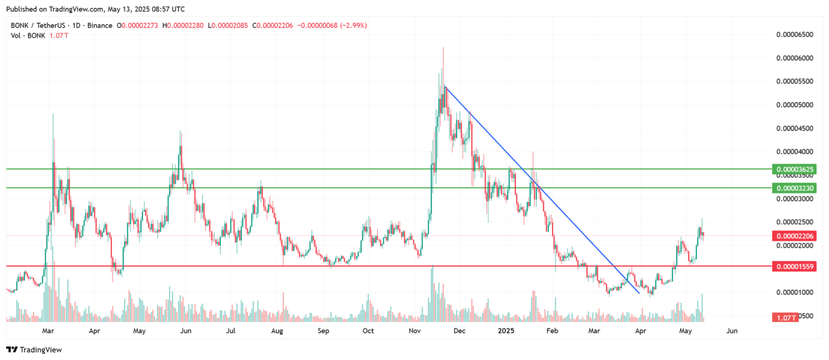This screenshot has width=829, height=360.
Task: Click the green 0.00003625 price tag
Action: point(793,169)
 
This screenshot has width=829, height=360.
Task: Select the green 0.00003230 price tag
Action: point(793,188)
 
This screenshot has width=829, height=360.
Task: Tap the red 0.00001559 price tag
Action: point(793,267)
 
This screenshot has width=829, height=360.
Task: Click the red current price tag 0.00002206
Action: point(793,236)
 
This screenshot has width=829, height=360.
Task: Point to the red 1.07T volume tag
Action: point(785,318)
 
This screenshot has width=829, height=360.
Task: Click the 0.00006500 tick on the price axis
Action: point(794,35)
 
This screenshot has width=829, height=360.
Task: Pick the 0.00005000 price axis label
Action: point(794,105)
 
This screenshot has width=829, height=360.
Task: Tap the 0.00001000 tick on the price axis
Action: point(794,293)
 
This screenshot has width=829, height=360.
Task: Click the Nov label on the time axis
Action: point(414,330)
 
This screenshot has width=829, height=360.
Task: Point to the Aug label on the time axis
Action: point(277,330)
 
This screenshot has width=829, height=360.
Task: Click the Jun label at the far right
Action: point(732,330)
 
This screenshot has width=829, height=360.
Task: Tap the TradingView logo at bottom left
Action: point(34,350)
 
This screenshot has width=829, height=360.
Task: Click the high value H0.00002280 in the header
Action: point(183,25)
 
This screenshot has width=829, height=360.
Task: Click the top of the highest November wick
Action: point(443,48)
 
